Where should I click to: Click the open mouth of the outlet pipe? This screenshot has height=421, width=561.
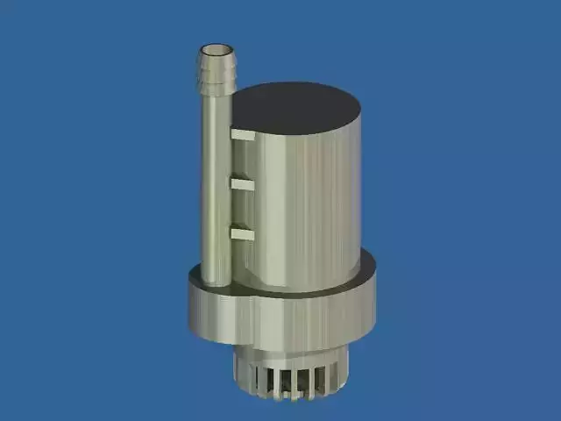coord(216,52)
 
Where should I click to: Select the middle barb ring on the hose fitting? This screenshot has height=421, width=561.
coord(216,77)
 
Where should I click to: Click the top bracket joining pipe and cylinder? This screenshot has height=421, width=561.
coord(243,135)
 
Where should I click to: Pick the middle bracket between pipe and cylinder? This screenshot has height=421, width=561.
coord(242,184)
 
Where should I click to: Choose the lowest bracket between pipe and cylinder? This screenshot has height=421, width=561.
coord(242,233)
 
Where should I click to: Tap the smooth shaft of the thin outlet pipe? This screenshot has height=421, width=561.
coord(215,175)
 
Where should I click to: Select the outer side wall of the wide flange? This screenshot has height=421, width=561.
coord(280,320)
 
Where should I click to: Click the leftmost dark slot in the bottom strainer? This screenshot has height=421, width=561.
coord(256,379)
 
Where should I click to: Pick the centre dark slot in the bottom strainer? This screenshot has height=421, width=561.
coord(294,382)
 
